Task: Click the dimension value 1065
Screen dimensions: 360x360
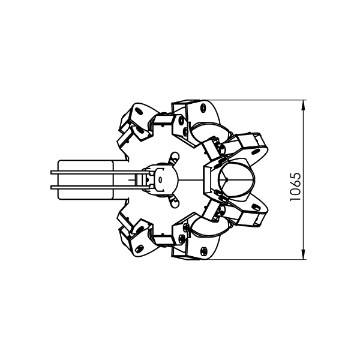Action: click(295, 187)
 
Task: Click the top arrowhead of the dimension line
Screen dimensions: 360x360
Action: click(303, 105)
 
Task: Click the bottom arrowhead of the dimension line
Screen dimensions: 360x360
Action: click(303, 254)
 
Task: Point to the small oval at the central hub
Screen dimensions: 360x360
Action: click(160, 179)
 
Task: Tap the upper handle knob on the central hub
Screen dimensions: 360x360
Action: click(174, 157)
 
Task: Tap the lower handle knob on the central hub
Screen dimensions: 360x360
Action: click(174, 202)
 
